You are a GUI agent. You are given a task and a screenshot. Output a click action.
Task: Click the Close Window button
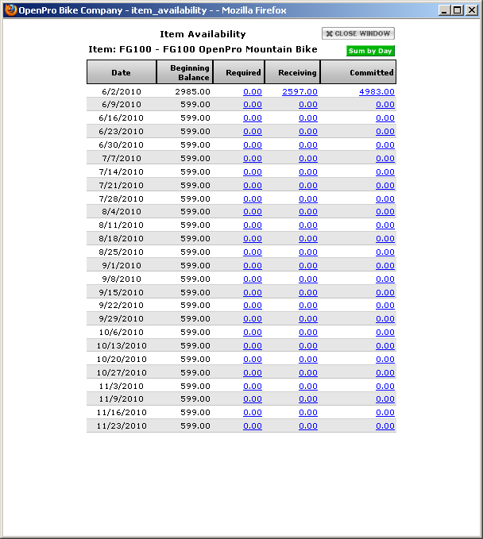click(357, 34)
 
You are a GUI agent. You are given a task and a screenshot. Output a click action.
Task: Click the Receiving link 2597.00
click(299, 91)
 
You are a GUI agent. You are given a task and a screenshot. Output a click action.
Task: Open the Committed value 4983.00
click(377, 91)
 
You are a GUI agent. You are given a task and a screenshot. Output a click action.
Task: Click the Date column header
click(121, 72)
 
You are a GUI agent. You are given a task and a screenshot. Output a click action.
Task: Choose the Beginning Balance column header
click(190, 72)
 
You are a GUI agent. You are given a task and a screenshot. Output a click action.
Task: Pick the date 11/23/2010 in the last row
click(122, 425)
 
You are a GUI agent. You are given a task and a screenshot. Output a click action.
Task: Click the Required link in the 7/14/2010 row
click(252, 171)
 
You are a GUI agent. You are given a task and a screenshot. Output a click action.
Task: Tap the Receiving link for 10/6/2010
click(307, 332)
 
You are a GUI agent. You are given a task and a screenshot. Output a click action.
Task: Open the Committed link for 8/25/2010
click(384, 252)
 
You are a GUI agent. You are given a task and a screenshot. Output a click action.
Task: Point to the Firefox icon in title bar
click(10, 10)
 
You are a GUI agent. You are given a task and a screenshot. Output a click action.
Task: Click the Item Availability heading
click(203, 34)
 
